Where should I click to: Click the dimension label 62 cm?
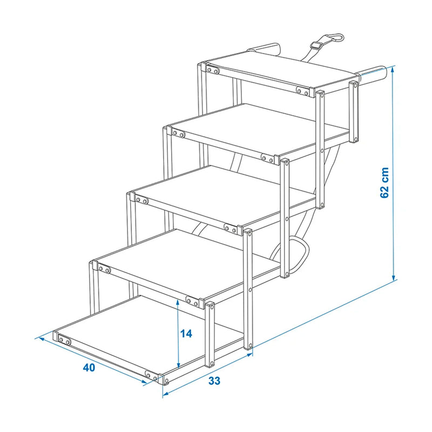tap(384, 182)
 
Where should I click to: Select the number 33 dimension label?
tap(214, 380)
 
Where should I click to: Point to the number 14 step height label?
tap(186, 334)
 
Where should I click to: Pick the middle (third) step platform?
tap(216, 194)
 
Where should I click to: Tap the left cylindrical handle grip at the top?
tap(264, 50)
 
